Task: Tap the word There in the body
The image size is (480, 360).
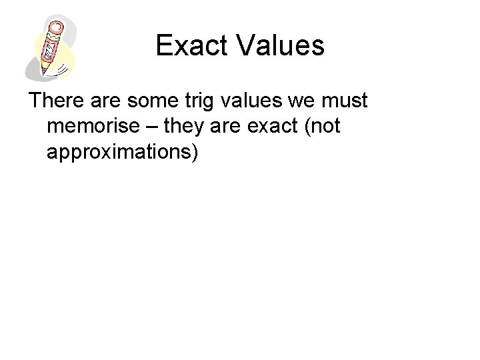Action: pyautogui.click(x=56, y=101)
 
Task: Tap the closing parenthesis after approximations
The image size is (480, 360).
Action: pyautogui.click(x=195, y=151)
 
